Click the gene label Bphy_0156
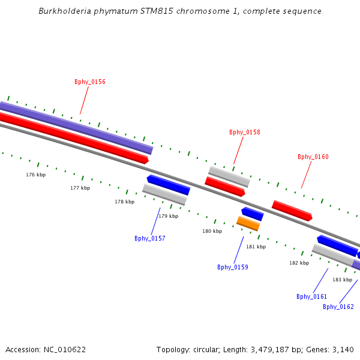pyautogui.click(x=90, y=82)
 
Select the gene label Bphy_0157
pyautogui.click(x=150, y=238)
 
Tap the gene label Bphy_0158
pyautogui.click(x=245, y=132)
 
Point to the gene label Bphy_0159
pyautogui.click(x=233, y=267)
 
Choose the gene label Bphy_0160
pyautogui.click(x=313, y=157)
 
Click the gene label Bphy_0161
pyautogui.click(x=312, y=296)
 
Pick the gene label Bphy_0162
pyautogui.click(x=338, y=307)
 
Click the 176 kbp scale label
pyautogui.click(x=35, y=175)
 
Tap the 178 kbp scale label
pyautogui.click(x=124, y=202)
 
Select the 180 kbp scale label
pyautogui.click(x=212, y=231)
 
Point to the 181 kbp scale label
pyautogui.click(x=256, y=247)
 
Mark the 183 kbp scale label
pyautogui.click(x=342, y=280)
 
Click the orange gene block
pyautogui.click(x=248, y=223)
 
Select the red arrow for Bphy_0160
pyautogui.click(x=292, y=211)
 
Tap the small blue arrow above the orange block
pyautogui.click(x=253, y=214)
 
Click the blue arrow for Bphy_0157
pyautogui.click(x=169, y=185)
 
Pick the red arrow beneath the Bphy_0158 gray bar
pyautogui.click(x=225, y=187)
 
